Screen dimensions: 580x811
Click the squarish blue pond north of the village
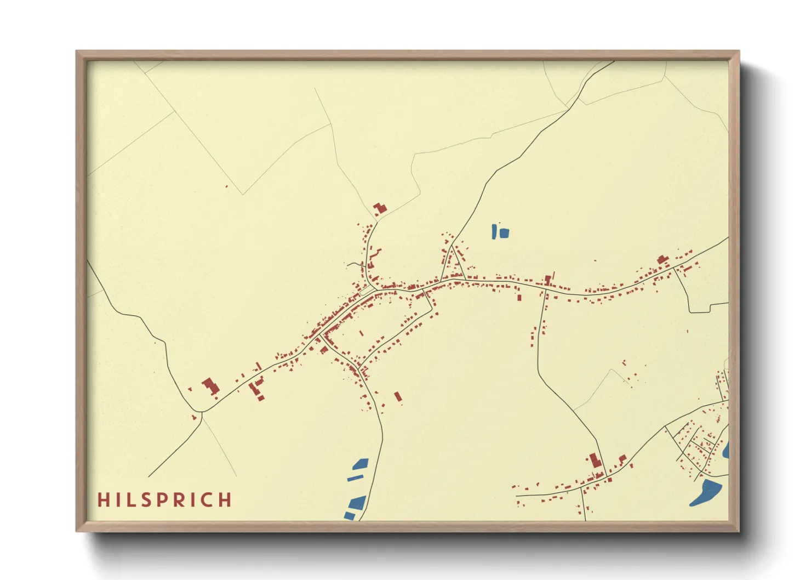[x=504, y=233]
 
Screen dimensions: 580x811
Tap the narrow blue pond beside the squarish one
[x=495, y=231]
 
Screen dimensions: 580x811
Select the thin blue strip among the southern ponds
[x=355, y=478]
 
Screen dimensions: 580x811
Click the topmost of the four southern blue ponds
[x=361, y=464]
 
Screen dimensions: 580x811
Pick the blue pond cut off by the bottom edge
[x=349, y=515]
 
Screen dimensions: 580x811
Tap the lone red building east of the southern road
[x=398, y=396]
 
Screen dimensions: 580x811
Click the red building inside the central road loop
[x=361, y=332]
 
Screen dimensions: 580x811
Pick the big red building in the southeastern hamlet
[x=595, y=460]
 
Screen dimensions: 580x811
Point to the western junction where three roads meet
[x=201, y=412]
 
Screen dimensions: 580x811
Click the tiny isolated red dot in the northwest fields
[x=226, y=186]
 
